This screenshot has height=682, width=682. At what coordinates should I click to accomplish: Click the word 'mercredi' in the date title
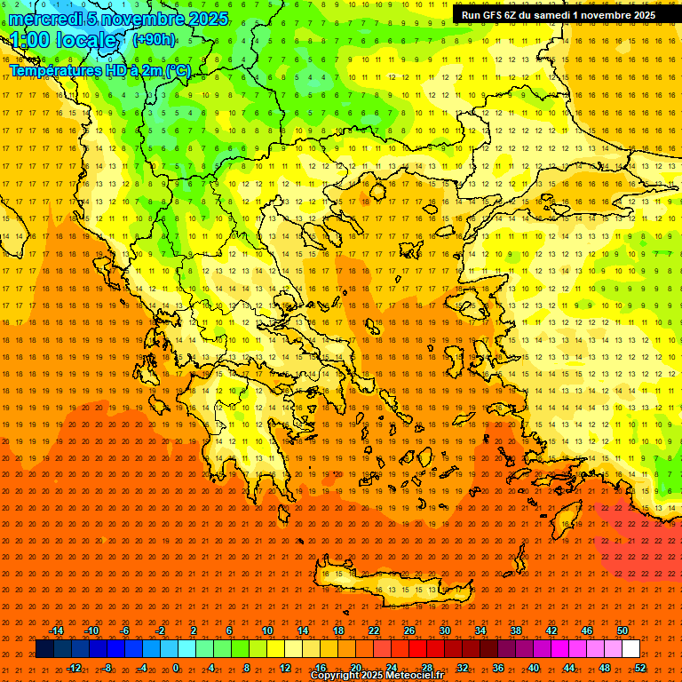click(41, 19)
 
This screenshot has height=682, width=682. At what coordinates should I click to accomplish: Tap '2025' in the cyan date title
click(207, 19)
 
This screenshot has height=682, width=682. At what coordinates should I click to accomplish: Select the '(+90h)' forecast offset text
click(154, 39)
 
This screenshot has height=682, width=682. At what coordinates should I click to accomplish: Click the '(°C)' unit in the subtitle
click(178, 70)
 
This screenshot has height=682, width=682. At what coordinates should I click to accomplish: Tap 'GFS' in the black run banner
click(499, 15)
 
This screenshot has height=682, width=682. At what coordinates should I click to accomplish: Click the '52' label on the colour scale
click(640, 668)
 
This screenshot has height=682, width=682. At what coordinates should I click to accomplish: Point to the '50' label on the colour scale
click(622, 630)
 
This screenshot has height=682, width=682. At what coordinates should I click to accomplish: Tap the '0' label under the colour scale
click(176, 668)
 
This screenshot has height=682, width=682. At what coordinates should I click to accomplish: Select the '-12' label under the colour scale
click(74, 668)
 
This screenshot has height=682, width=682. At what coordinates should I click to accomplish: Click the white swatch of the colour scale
click(630, 649)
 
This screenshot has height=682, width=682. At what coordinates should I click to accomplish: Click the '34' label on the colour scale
click(480, 630)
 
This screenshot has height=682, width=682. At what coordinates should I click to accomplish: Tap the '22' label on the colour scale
click(373, 630)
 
